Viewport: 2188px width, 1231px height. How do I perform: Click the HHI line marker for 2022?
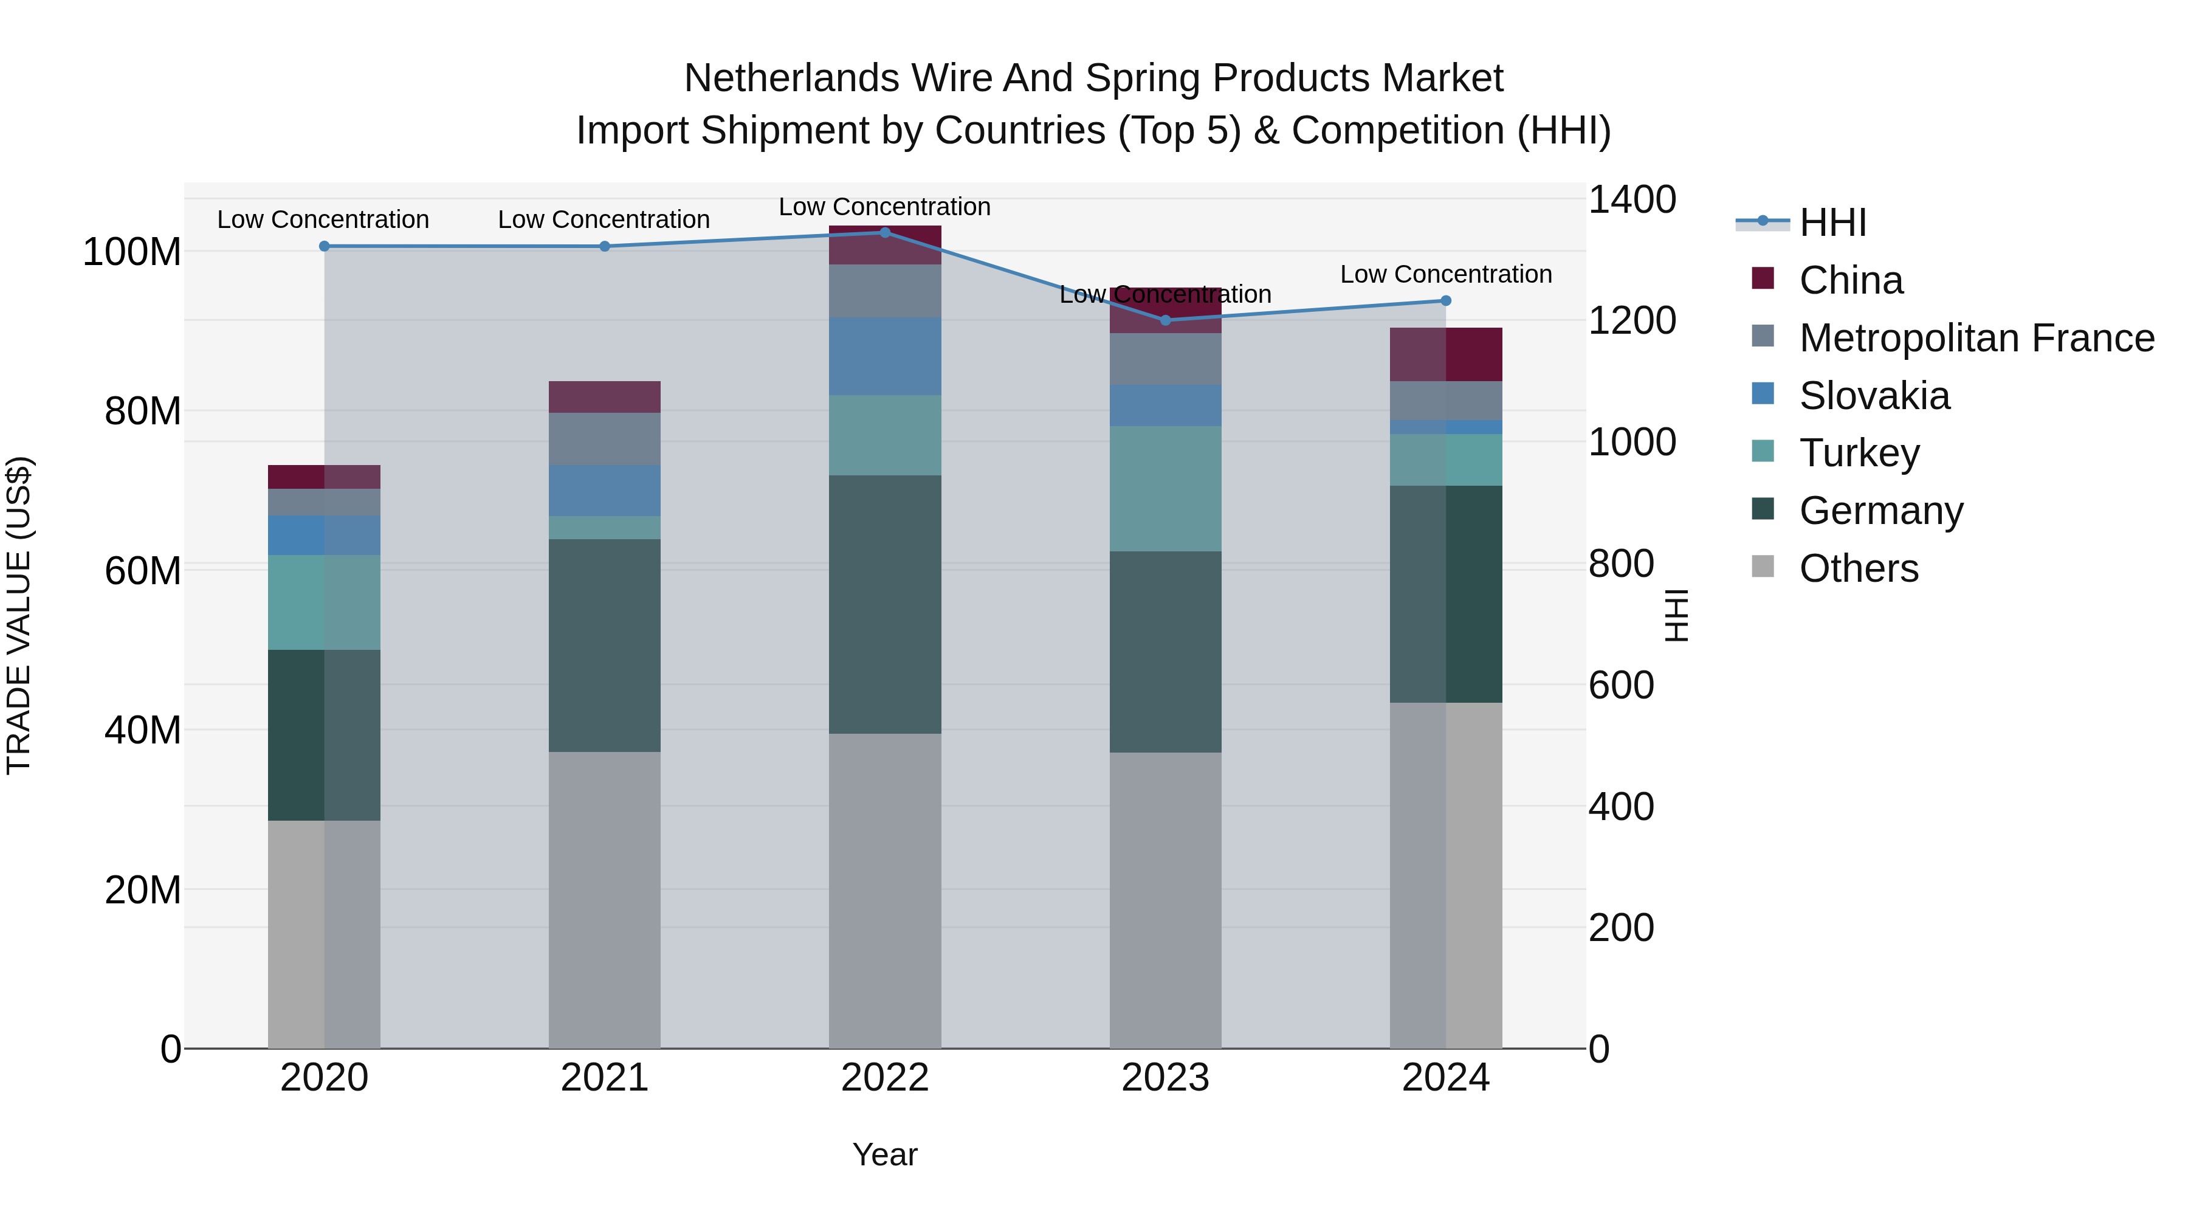pos(884,232)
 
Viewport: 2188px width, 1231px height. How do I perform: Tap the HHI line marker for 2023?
pos(1165,320)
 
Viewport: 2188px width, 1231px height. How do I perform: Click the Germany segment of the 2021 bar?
pos(604,646)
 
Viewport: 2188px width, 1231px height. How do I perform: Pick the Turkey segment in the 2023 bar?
pos(1165,489)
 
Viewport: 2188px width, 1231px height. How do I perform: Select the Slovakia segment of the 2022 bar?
pos(884,356)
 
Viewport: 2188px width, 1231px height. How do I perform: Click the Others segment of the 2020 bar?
pos(323,934)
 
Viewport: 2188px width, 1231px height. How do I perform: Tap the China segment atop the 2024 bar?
pos(1446,354)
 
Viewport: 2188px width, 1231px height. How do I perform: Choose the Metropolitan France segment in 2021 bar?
pos(604,438)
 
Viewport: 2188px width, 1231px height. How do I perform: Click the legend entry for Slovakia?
pos(1874,396)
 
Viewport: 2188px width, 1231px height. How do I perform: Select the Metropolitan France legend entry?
pos(1976,338)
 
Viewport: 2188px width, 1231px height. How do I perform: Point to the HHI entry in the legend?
pos(1831,222)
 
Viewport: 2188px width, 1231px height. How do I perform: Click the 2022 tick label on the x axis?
pos(884,1078)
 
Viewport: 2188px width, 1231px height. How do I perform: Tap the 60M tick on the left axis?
pos(143,571)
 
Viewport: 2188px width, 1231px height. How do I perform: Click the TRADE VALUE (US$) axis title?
pos(19,615)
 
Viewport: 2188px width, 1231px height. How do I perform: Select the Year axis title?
pos(884,1154)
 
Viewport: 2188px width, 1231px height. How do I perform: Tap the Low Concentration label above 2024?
pos(1446,274)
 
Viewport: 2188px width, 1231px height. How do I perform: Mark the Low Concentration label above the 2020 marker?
pos(323,219)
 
